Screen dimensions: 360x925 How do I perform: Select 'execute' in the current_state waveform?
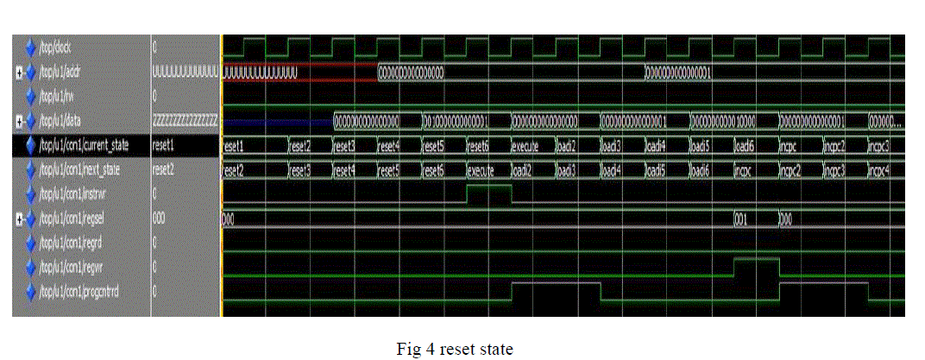tap(526, 147)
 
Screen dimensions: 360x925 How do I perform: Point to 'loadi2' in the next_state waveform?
tap(526, 171)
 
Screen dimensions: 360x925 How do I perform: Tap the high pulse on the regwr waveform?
tap(756, 260)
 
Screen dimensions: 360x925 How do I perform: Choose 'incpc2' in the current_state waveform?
tap(837, 147)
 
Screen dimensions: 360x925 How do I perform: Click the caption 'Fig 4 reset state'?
tap(454, 349)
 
